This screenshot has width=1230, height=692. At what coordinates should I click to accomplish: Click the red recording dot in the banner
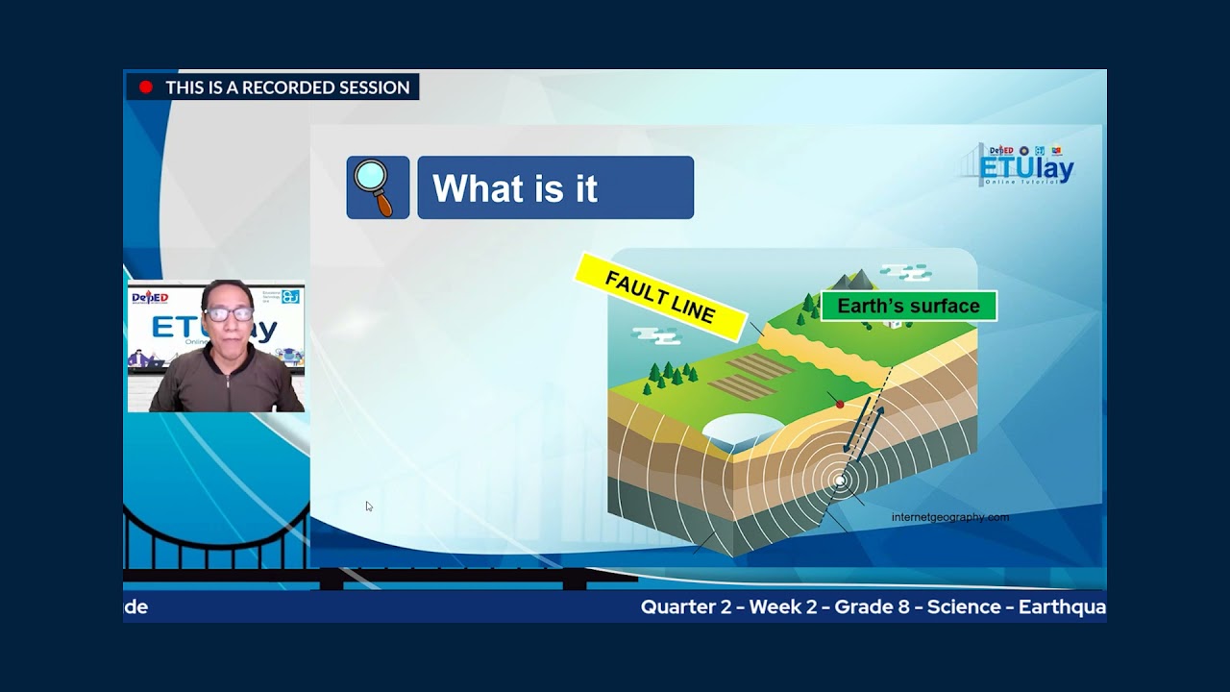[146, 87]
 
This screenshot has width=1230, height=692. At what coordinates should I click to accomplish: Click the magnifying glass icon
[377, 186]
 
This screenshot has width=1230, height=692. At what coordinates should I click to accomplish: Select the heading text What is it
[515, 188]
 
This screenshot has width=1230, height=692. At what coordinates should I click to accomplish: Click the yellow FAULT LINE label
[660, 297]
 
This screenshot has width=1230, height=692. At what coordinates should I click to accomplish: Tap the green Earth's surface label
[908, 307]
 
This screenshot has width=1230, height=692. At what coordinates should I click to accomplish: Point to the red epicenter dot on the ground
[840, 405]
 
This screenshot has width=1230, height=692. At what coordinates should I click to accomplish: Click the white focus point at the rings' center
[840, 480]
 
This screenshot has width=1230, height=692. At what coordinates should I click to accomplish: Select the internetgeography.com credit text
[949, 517]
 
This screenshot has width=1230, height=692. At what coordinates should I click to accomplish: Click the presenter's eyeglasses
[229, 313]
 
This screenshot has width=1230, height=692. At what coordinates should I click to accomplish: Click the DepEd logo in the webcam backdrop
[150, 298]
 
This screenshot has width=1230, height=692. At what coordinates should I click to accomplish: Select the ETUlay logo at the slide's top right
[1024, 166]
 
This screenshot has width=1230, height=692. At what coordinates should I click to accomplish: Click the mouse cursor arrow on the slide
[369, 507]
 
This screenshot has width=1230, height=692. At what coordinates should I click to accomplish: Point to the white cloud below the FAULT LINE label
[655, 335]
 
